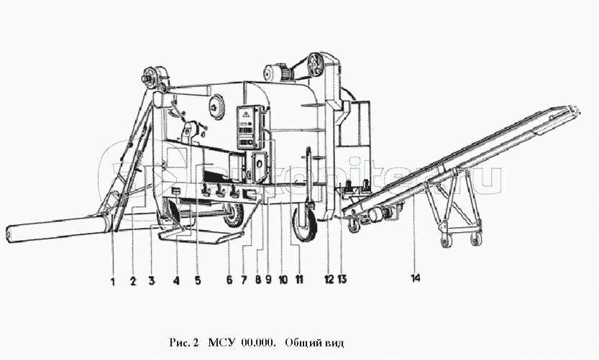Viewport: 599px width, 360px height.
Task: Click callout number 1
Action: point(113,282)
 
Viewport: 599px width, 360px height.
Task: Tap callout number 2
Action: point(132,282)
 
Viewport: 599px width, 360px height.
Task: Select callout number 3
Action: point(152,282)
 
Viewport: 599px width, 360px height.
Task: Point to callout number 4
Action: point(175,282)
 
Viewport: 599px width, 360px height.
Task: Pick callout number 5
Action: point(198,282)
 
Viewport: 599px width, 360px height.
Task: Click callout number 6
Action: point(229,282)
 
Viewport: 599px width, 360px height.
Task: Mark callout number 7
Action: point(244,282)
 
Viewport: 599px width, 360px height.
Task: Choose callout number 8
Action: point(257,282)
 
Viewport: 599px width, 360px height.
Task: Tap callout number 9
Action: point(269,282)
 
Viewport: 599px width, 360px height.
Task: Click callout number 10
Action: point(283,282)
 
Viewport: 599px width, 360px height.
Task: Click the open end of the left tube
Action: point(10,234)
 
